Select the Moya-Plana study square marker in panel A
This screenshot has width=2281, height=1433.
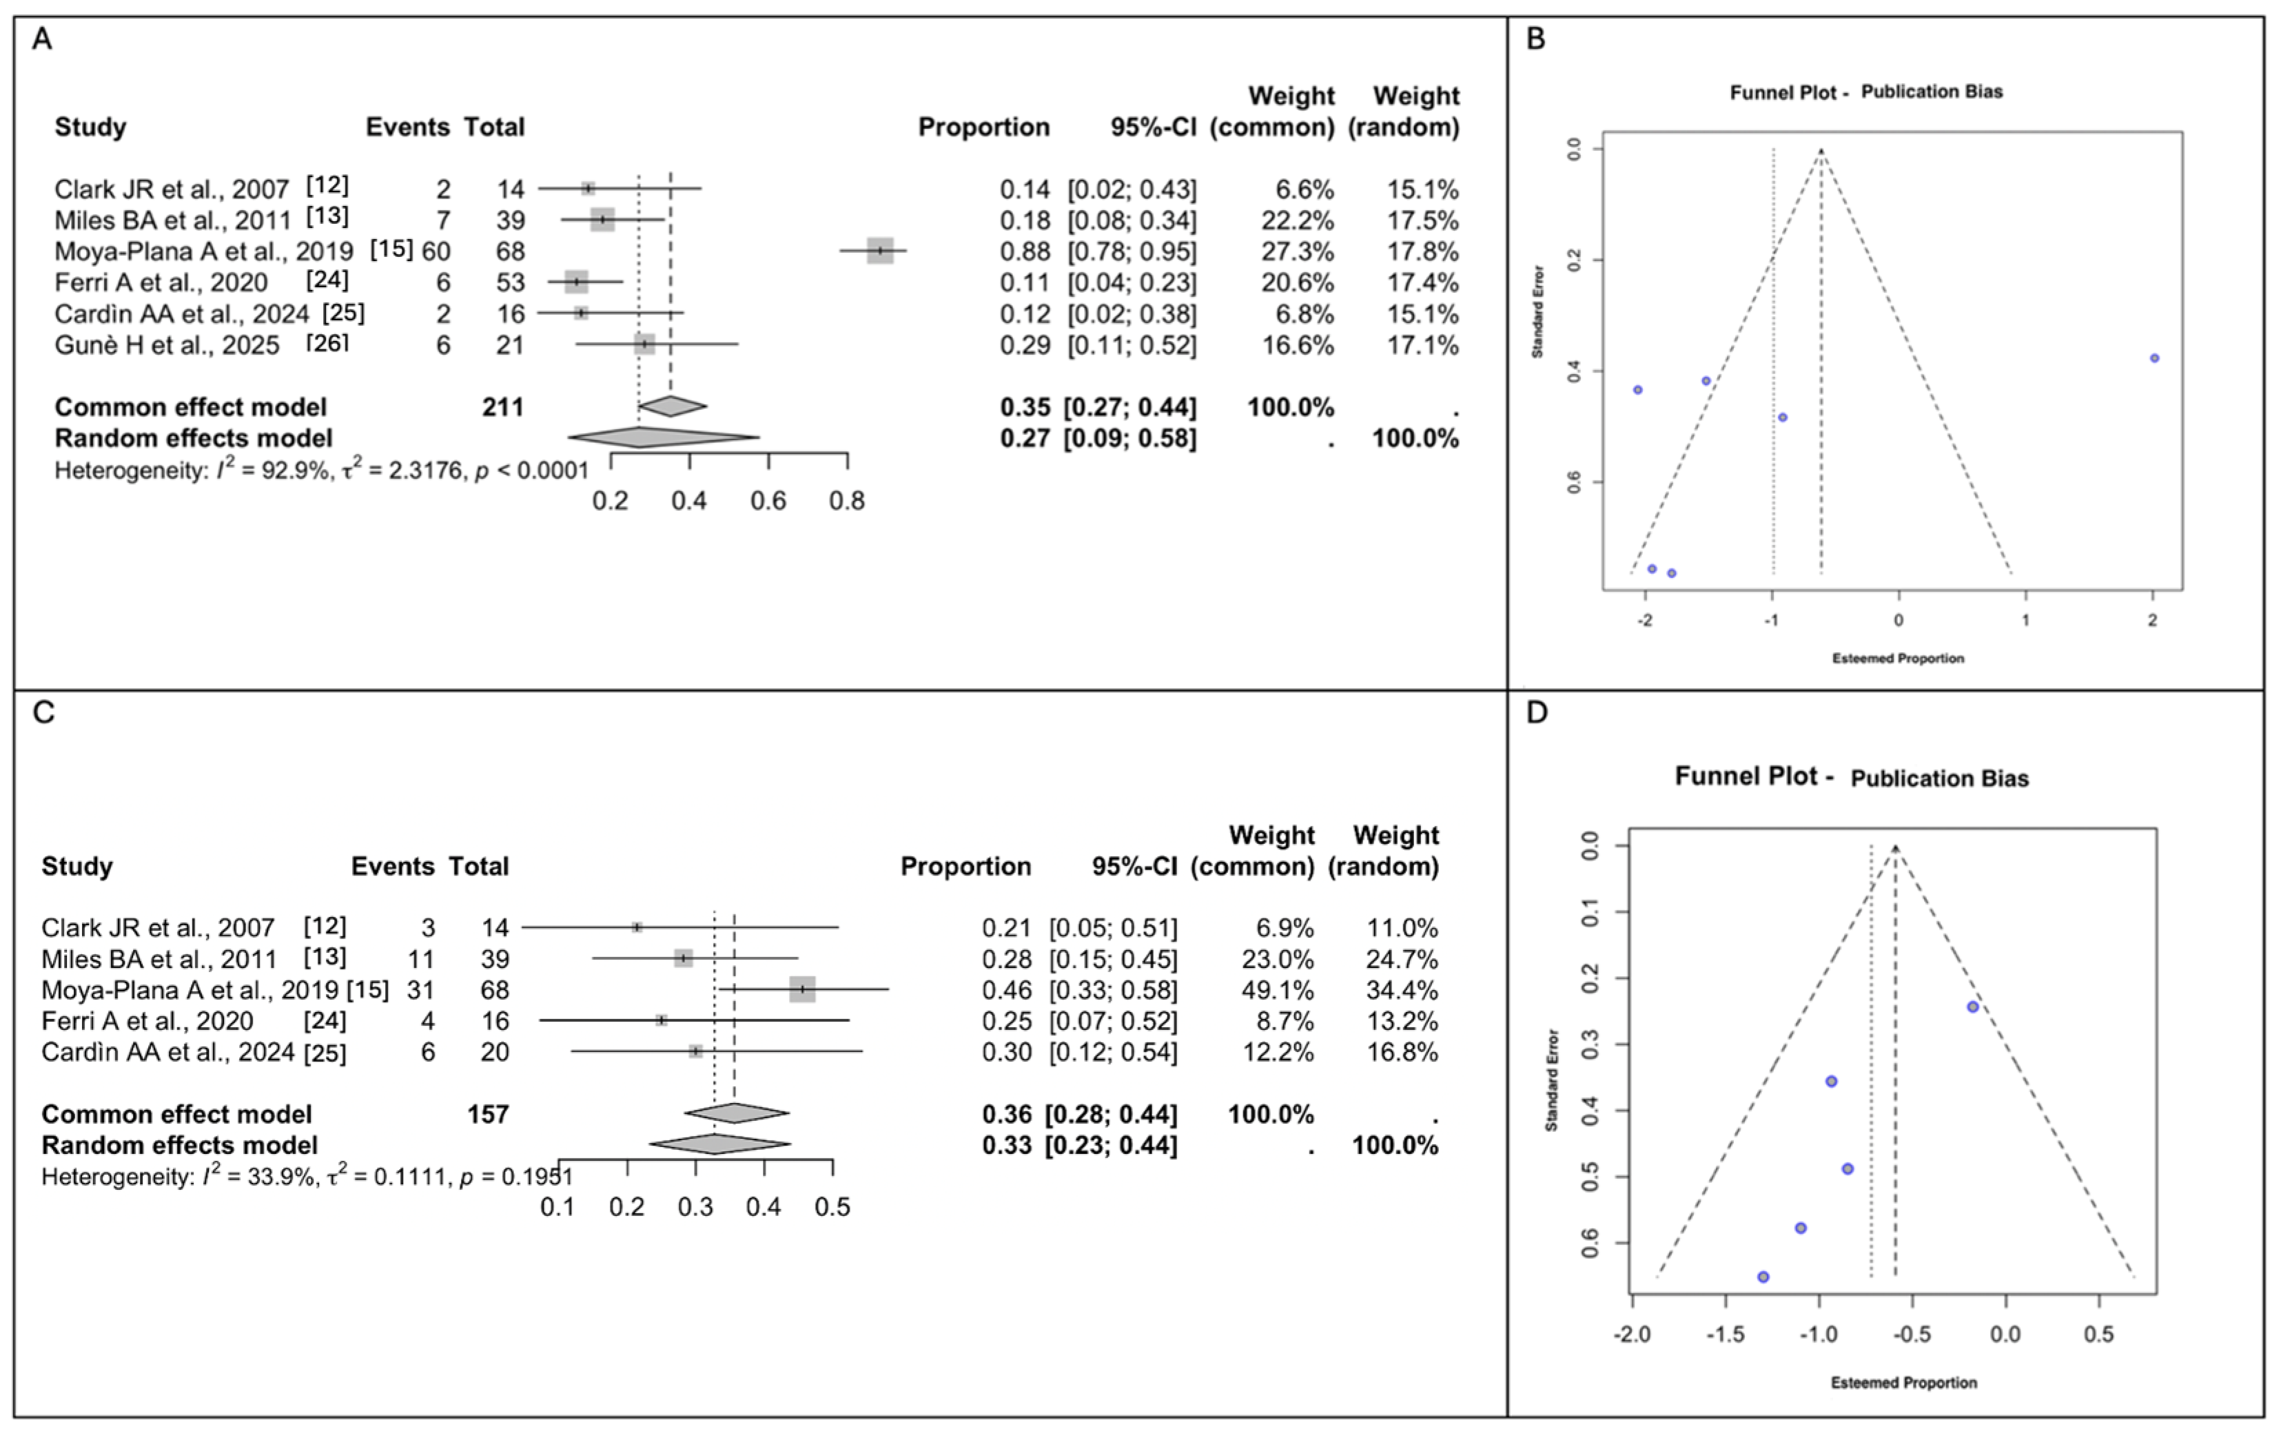pyautogui.click(x=880, y=251)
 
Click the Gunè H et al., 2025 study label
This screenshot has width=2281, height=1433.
pyautogui.click(x=167, y=344)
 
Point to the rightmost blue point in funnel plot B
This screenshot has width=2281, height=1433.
pyautogui.click(x=2154, y=358)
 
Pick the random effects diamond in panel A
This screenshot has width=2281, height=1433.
pyautogui.click(x=663, y=437)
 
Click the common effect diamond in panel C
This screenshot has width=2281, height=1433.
pyautogui.click(x=736, y=1113)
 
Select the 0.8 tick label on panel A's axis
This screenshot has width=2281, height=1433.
pyautogui.click(x=847, y=500)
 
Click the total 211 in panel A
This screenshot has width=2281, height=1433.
pyautogui.click(x=502, y=407)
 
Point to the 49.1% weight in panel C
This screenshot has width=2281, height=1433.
pyautogui.click(x=1278, y=990)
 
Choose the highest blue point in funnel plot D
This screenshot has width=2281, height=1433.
pyautogui.click(x=1973, y=1007)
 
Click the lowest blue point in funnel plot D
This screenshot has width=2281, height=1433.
pyautogui.click(x=1763, y=1277)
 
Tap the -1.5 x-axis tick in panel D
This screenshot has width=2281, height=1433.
pyautogui.click(x=1725, y=1334)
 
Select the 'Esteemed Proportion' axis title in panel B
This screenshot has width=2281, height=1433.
pyautogui.click(x=1897, y=658)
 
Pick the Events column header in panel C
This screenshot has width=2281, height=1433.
pyautogui.click(x=392, y=866)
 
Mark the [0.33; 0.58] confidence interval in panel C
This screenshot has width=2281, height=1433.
pyautogui.click(x=1112, y=990)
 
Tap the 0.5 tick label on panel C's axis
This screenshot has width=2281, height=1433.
pyautogui.click(x=832, y=1206)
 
